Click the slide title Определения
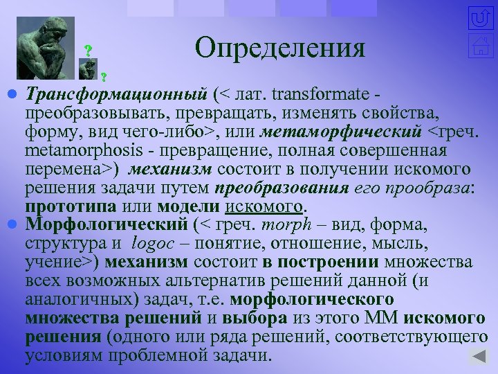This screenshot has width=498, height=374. click(279, 47)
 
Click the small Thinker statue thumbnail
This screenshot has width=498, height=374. click(88, 69)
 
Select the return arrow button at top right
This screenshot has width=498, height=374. click(479, 18)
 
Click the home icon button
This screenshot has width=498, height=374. click(479, 47)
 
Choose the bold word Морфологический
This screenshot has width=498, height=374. click(107, 225)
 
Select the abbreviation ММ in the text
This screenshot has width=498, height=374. click(380, 319)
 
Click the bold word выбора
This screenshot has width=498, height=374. click(254, 319)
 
